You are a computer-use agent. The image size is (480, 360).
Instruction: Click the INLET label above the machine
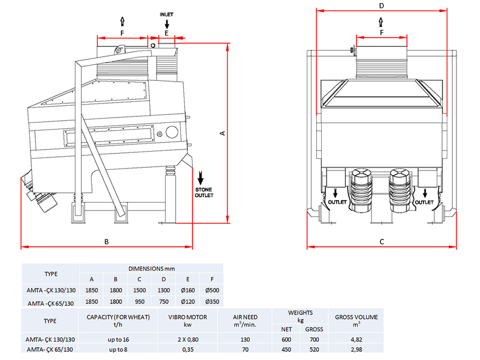pos(166,14)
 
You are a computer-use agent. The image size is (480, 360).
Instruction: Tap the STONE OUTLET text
pos(204,192)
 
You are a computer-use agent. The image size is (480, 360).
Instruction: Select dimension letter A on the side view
pos(223,133)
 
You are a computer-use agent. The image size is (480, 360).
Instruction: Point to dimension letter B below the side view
pos(106,241)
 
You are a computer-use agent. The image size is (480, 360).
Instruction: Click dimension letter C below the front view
pos(382,242)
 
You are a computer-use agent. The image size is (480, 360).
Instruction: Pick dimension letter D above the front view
pos(381,6)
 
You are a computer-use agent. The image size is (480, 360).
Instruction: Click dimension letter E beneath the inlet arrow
pos(167,33)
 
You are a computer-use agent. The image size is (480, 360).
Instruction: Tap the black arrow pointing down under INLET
pos(167,24)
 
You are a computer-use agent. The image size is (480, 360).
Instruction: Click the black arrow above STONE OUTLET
pos(200,178)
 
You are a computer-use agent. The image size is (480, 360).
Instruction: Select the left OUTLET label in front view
pos(337,202)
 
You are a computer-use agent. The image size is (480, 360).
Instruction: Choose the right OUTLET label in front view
pos(424,202)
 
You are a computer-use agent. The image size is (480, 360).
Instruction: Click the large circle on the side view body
pos(172,132)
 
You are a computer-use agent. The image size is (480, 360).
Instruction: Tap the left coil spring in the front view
pos(362,190)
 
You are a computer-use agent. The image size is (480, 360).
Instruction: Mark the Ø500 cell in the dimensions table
pos(212,290)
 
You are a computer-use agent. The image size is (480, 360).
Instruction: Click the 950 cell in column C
pos(140,301)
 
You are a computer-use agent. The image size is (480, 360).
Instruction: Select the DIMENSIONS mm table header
pos(152,269)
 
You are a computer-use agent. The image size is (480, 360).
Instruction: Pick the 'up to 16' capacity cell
pos(118,340)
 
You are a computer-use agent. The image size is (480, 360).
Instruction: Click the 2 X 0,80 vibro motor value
pos(188,340)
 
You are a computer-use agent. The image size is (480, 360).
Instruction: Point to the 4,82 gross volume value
pos(357,340)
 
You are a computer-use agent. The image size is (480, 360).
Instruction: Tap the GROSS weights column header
pos(314,330)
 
